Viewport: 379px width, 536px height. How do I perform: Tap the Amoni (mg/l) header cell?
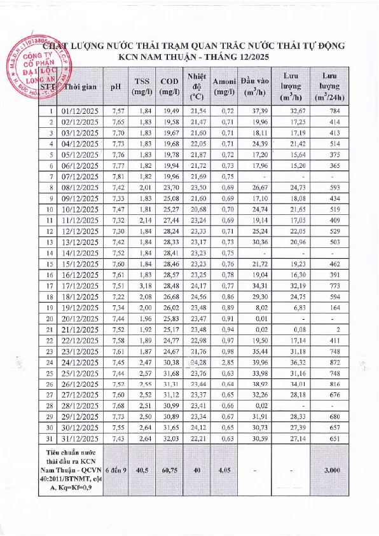pos(224,86)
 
